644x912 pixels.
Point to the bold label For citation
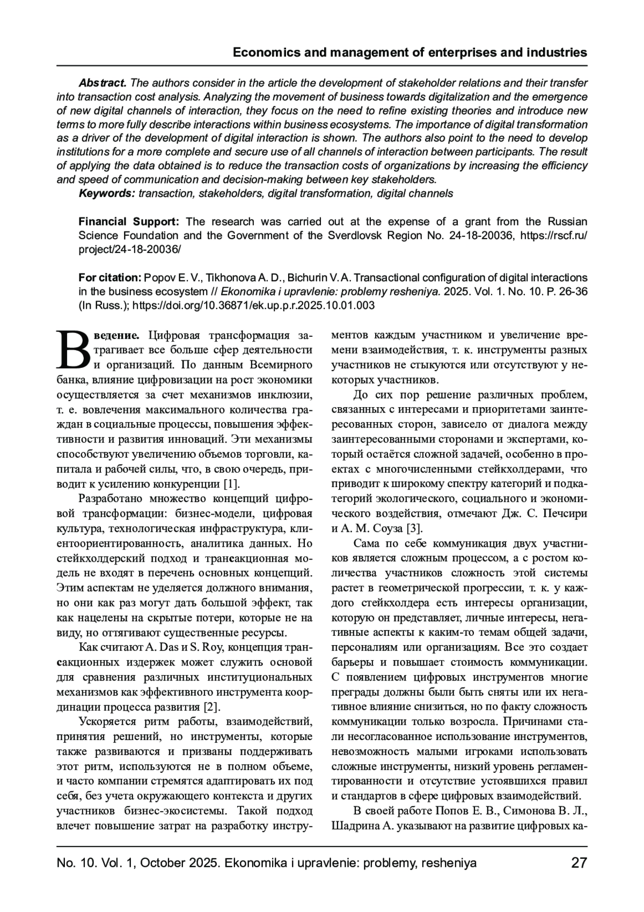point(109,278)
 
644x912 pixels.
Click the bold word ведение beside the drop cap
point(114,336)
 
